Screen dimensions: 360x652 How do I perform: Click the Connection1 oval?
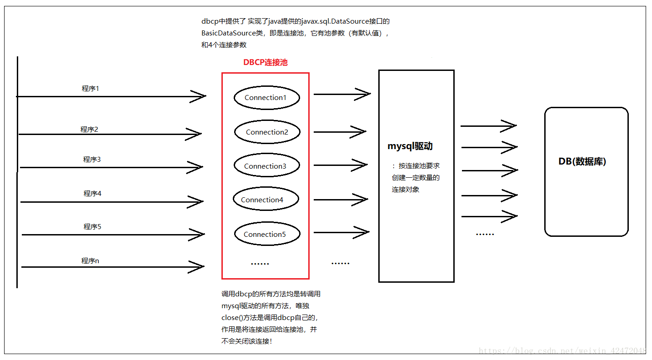click(x=266, y=98)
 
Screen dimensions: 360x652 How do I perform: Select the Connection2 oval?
click(x=267, y=132)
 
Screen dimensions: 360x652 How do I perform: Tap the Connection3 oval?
click(x=266, y=166)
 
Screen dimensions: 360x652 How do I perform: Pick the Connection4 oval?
click(x=266, y=200)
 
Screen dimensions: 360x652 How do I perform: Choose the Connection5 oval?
click(x=267, y=235)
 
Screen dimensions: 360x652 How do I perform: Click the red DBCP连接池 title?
click(x=266, y=63)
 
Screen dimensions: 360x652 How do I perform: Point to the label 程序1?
click(x=90, y=89)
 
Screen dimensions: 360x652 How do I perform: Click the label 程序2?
click(x=89, y=130)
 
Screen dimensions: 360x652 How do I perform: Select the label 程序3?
click(x=91, y=160)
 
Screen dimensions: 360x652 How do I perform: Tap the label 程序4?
click(x=92, y=194)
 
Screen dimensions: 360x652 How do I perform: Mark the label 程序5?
click(x=92, y=227)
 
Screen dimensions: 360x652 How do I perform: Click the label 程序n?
click(x=90, y=261)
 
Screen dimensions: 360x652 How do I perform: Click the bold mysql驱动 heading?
click(x=410, y=146)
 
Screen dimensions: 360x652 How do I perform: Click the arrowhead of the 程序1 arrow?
click(x=199, y=96)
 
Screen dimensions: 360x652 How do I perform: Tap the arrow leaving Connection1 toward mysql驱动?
click(x=342, y=95)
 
